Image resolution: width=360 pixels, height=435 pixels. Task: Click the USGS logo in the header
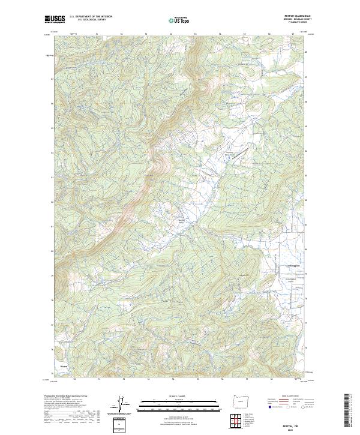click(54, 20)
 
